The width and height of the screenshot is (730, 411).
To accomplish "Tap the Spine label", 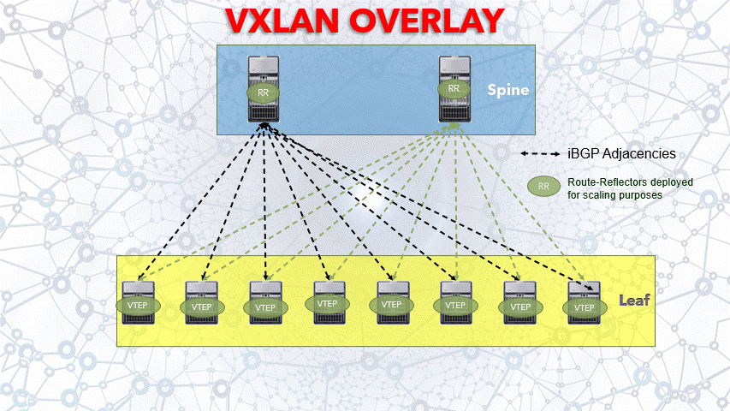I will [x=508, y=89].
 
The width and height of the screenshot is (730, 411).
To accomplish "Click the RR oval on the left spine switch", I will [x=264, y=89].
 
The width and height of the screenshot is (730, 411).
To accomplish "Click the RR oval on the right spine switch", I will [x=454, y=88].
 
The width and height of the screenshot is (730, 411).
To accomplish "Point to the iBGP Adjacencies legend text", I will [x=622, y=153].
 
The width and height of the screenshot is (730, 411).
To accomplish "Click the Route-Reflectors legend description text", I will [x=630, y=188].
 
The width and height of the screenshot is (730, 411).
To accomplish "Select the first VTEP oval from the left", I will [x=137, y=306].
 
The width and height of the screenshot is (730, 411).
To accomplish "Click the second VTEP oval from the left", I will [x=202, y=307].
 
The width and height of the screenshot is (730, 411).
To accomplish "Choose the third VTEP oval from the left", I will [x=265, y=307].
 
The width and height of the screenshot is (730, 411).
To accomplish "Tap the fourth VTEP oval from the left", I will [x=327, y=304].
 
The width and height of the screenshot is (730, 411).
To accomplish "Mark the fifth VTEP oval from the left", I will [x=391, y=305].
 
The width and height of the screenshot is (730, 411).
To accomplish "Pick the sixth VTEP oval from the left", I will [x=455, y=305].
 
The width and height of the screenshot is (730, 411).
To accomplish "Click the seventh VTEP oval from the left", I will [x=519, y=306].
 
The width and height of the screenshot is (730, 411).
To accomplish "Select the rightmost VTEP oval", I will [x=585, y=307].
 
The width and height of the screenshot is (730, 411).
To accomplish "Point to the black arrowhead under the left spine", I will [x=264, y=127].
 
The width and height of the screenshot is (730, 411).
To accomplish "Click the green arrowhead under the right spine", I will [x=454, y=127].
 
